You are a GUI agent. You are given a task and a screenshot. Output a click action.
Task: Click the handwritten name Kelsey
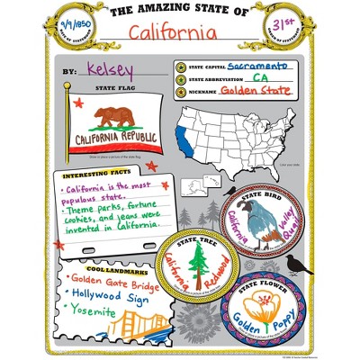pyautogui.click(x=108, y=68)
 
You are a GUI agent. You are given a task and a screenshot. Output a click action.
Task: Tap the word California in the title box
pyautogui.click(x=173, y=33)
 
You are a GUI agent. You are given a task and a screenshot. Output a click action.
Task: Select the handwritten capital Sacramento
pyautogui.click(x=257, y=66)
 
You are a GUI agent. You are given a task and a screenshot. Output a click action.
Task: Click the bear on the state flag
pyautogui.click(x=116, y=117)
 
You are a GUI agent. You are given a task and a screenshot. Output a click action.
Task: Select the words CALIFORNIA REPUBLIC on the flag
pyautogui.click(x=115, y=139)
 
